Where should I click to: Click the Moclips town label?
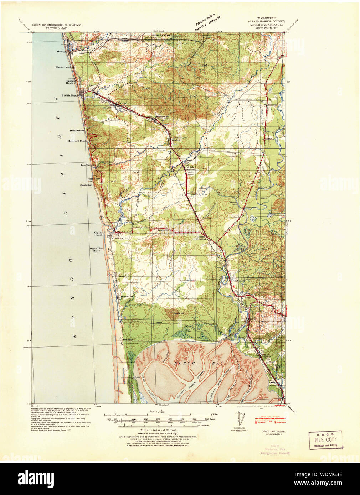click(x=62, y=51)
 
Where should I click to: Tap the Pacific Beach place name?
click(x=70, y=95)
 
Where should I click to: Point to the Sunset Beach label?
click(x=63, y=67)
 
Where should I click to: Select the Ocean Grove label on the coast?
click(x=77, y=131)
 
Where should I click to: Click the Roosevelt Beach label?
click(x=77, y=141)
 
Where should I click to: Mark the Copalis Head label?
click(x=86, y=186)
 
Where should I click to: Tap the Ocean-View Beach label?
click(x=95, y=249)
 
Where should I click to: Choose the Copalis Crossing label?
click(x=201, y=238)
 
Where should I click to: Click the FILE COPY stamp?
click(x=325, y=440)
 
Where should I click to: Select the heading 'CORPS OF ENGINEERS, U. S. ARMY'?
click(x=56, y=25)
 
